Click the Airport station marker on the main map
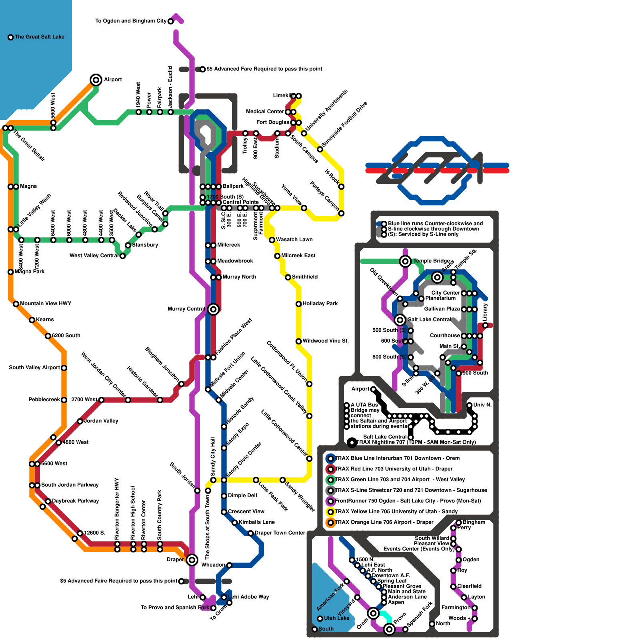[96, 80]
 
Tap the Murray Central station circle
[213, 309]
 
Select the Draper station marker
[192, 560]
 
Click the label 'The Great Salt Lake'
[39, 37]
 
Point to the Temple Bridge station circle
[405, 261]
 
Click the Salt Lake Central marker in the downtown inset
[400, 320]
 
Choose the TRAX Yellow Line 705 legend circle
[330, 512]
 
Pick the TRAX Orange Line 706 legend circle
[330, 522]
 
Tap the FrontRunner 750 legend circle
[330, 501]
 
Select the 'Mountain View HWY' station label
[46, 304]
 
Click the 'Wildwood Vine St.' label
[326, 341]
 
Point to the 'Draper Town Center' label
[280, 533]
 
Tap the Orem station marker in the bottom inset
[373, 613]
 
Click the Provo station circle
[389, 629]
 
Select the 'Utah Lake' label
[336, 618]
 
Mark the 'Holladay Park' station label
[320, 304]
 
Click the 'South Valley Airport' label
[34, 368]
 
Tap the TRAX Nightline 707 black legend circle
[352, 442]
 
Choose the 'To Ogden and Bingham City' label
[131, 21]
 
